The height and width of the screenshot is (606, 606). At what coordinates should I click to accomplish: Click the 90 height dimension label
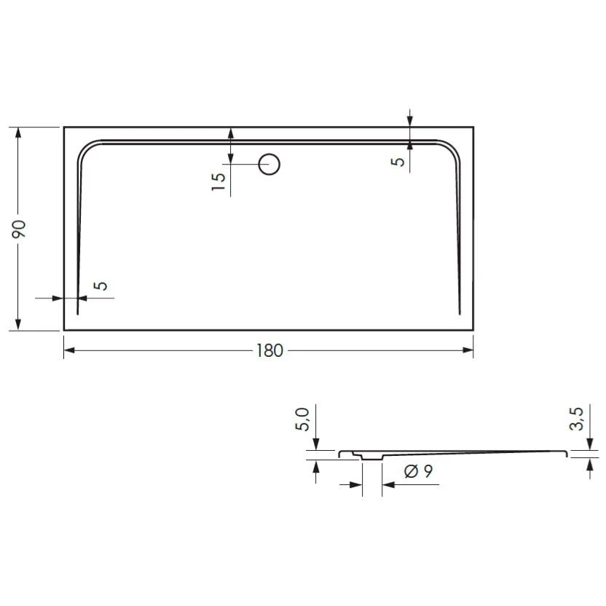point(20,228)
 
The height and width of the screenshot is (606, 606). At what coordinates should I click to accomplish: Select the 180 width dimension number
point(269,350)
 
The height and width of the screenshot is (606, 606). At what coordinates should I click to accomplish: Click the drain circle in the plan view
point(270,164)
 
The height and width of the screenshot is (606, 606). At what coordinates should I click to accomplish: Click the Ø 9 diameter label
point(417,471)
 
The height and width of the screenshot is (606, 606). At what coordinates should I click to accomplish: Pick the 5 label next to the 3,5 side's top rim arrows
point(398,161)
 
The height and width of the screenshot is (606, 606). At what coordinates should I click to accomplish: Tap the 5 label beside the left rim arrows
point(102,286)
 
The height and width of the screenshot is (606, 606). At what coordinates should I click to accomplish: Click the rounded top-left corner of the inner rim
point(85,148)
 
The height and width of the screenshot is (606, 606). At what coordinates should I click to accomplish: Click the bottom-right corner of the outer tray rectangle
point(473,330)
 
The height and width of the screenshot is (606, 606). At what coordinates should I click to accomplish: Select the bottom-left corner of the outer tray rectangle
point(64,330)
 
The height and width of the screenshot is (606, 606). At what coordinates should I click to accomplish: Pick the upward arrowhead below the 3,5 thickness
point(588,463)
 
